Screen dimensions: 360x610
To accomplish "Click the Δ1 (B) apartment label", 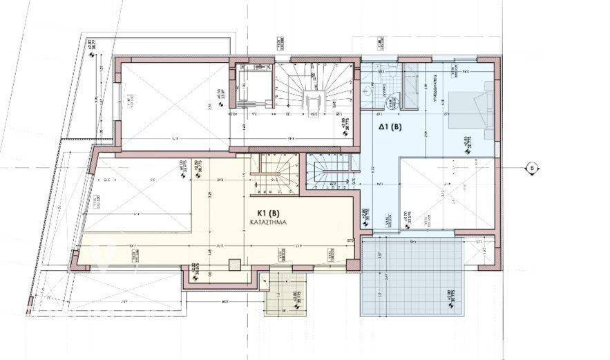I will tap(390, 127).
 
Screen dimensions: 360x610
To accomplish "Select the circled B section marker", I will tap(531, 167).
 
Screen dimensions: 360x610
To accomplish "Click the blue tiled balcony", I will tap(412, 276).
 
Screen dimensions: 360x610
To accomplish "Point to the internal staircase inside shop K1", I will tap(276, 173).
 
